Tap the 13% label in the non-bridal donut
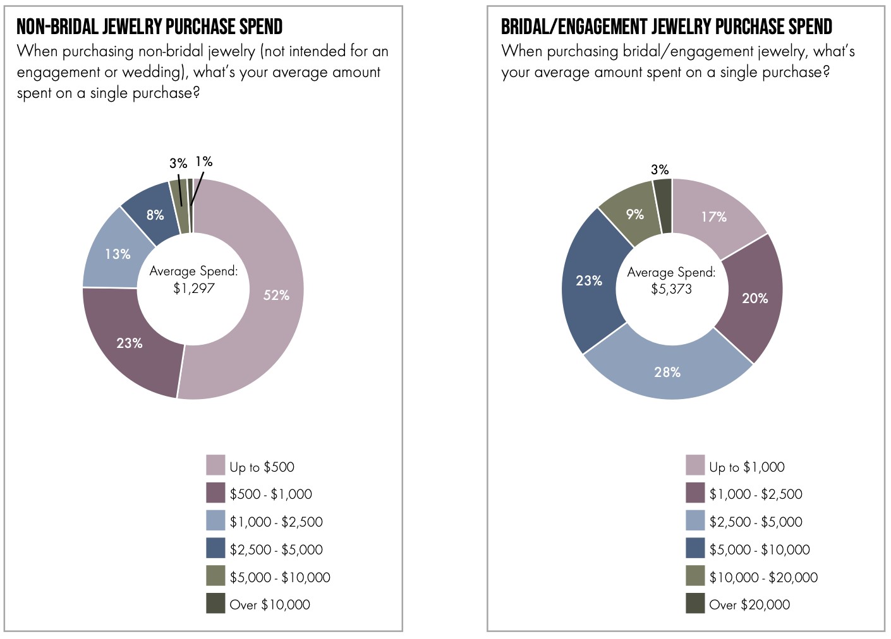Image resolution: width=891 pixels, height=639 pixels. [x=118, y=254]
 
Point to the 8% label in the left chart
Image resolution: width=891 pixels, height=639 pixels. [x=155, y=215]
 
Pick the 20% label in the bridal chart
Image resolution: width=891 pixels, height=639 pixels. [x=755, y=298]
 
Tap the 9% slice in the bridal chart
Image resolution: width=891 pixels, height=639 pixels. [x=634, y=214]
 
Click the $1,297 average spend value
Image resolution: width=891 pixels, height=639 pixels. [x=194, y=289]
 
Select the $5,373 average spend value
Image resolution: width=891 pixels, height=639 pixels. [x=671, y=289]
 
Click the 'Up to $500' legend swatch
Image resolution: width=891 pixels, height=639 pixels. [x=215, y=465]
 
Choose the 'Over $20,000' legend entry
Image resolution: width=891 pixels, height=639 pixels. [x=749, y=604]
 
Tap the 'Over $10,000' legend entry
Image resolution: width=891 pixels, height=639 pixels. [x=269, y=604]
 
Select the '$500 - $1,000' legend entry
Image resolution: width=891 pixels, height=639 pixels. [x=270, y=494]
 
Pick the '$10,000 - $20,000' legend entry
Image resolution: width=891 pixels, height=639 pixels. [x=763, y=577]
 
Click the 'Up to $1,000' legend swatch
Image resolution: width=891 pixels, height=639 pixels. [x=695, y=465]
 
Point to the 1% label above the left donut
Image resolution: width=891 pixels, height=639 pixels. [x=203, y=162]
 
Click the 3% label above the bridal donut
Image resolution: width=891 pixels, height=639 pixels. [x=660, y=169]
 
